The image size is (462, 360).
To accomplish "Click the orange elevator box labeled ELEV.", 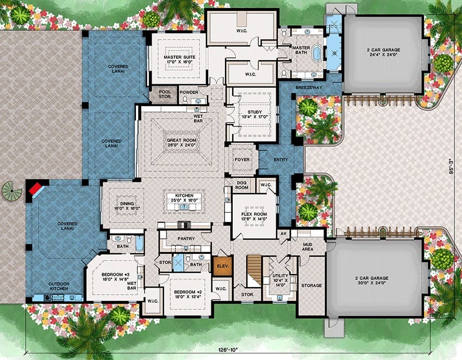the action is coord(223,266).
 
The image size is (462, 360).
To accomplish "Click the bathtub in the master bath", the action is coord(317,53).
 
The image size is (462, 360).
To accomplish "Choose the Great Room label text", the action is coord(182,142).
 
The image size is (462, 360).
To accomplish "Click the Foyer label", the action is coord(242,159).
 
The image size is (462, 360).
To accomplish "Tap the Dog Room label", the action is coord(242,185).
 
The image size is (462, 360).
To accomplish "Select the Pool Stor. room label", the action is coord(165,94).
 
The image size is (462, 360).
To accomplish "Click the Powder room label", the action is coord(189,92).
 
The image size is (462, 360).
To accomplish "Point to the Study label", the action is coord(254,114).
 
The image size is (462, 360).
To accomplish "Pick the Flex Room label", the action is coord(254,216).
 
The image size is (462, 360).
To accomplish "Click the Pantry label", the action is coord(186,239).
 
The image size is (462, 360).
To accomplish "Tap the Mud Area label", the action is coord(308,247).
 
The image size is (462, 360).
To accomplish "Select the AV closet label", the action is coord(284,233).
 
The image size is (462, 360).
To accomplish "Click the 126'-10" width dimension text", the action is coord(228,350).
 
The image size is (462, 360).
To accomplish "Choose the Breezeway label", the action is coord(309,88).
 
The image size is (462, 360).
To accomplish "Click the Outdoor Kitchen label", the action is coord(59,286).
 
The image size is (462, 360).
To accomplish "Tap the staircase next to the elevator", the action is coord(254,270).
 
